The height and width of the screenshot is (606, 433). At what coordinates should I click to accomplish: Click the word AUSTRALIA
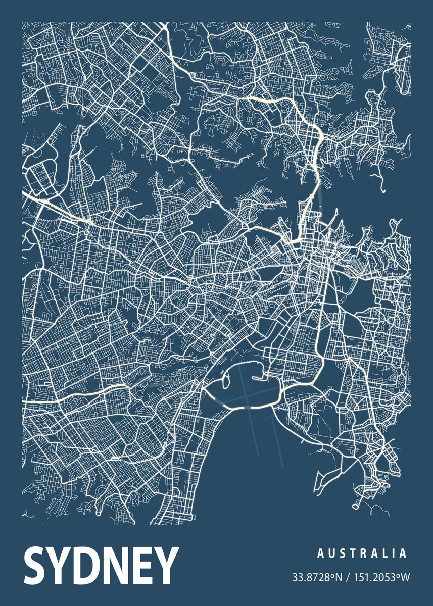pos(362,554)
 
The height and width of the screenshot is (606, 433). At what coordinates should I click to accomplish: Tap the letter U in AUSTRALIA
pos(331,554)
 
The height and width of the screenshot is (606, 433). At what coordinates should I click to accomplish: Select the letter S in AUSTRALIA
pos(343,554)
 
